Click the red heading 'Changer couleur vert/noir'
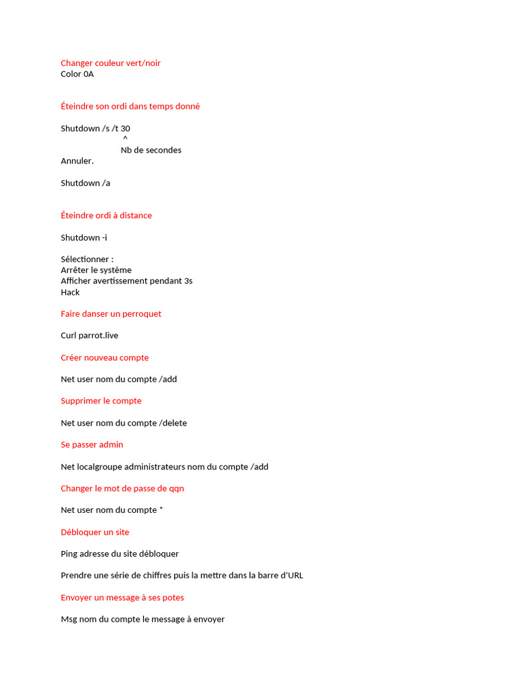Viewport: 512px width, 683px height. point(111,63)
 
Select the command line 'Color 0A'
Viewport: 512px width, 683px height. point(77,74)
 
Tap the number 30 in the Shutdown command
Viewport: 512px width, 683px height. point(125,128)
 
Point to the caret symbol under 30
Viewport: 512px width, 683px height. point(125,139)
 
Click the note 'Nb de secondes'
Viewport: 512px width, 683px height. point(151,150)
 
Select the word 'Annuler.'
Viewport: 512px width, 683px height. point(77,161)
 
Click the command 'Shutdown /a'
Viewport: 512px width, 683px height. point(85,183)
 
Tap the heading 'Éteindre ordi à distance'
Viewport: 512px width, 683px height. point(106,215)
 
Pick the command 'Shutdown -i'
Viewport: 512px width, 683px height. point(84,237)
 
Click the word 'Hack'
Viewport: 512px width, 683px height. point(70,292)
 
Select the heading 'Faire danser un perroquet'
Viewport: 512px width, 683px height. point(111,313)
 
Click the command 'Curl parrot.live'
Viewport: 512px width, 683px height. point(89,335)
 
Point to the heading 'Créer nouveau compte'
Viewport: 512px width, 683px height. point(105,358)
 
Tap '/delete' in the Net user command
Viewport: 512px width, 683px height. point(173,423)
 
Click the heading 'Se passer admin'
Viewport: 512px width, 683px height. point(92,444)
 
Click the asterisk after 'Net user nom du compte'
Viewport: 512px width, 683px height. point(161,510)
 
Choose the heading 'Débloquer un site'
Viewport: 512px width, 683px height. point(95,532)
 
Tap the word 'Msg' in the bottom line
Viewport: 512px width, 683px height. point(69,619)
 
